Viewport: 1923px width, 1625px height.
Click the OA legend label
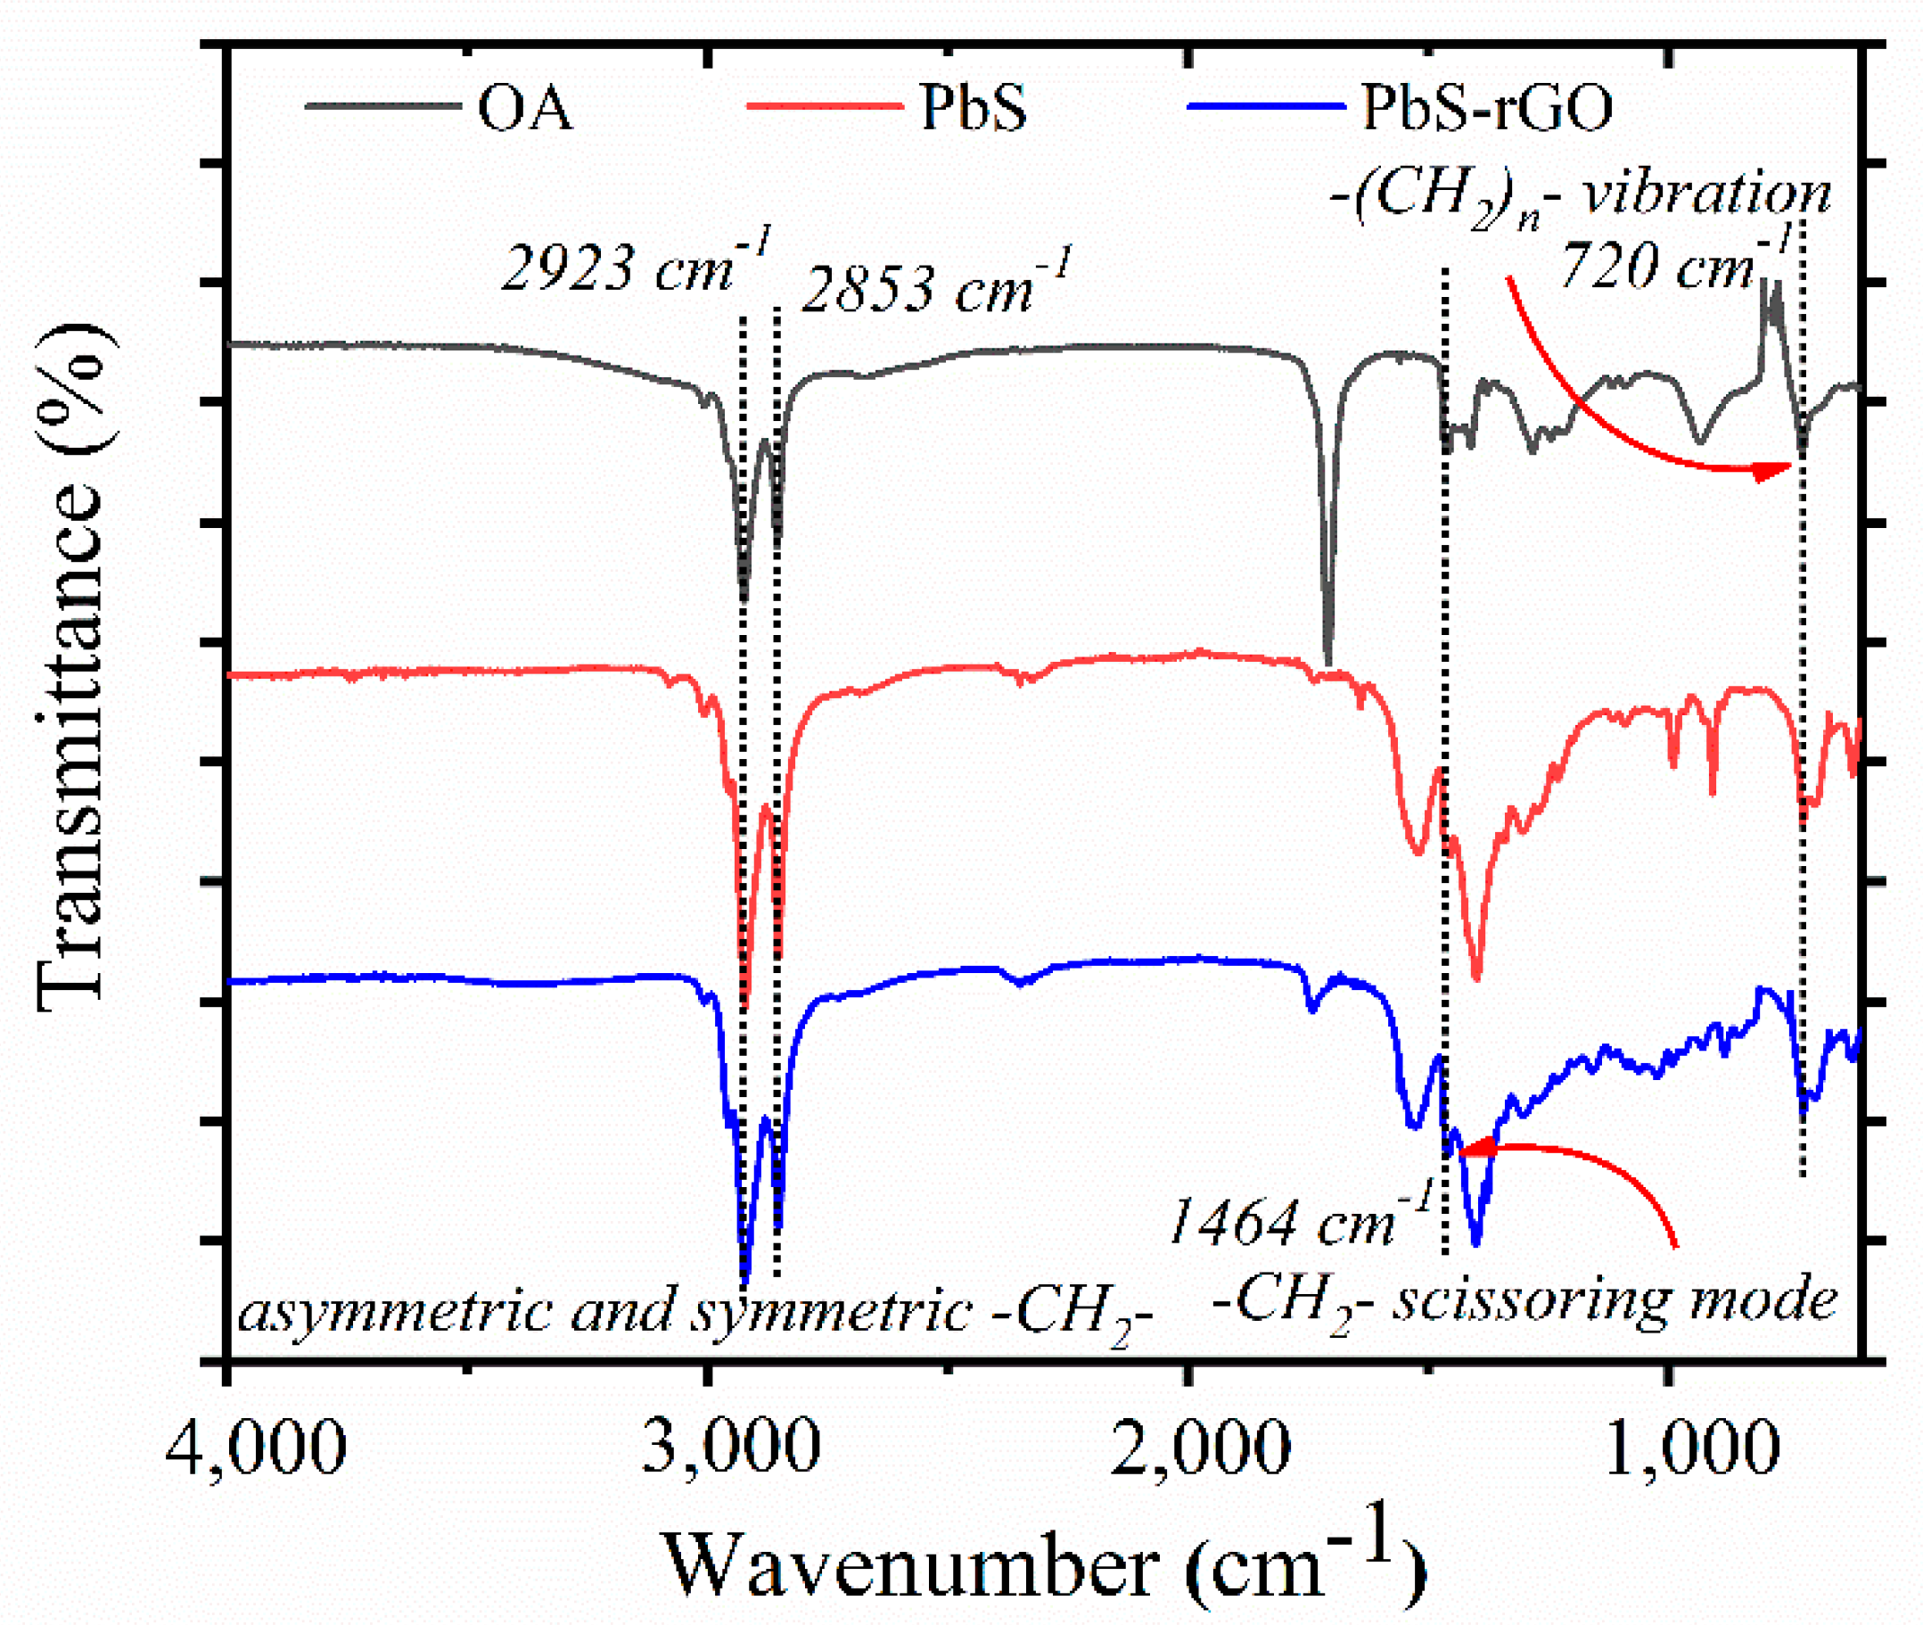click(x=524, y=108)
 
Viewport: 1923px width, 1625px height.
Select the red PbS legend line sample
click(x=825, y=107)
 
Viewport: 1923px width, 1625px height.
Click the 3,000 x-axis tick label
click(x=729, y=1448)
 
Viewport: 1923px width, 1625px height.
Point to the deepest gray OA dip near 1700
click(x=1327, y=660)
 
